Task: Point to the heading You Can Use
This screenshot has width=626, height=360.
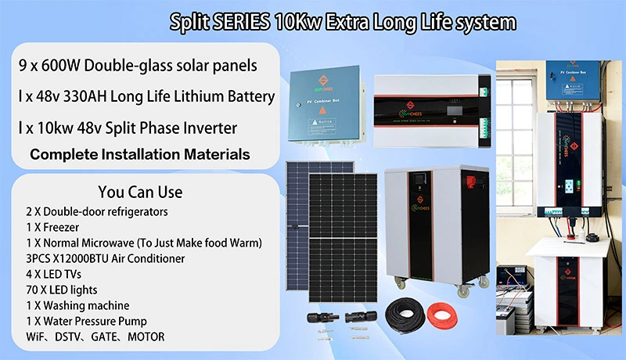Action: click(140, 192)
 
